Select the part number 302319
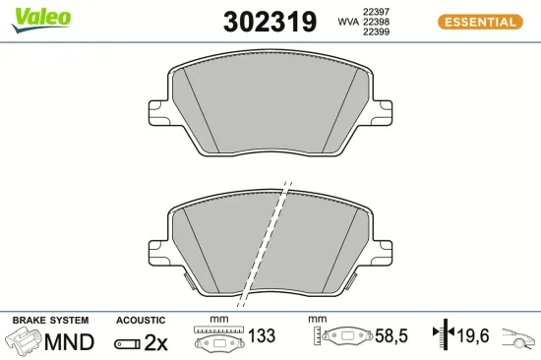pyautogui.click(x=270, y=23)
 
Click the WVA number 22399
pyautogui.click(x=378, y=32)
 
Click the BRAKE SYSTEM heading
pyautogui.click(x=50, y=321)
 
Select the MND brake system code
pyautogui.click(x=72, y=342)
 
